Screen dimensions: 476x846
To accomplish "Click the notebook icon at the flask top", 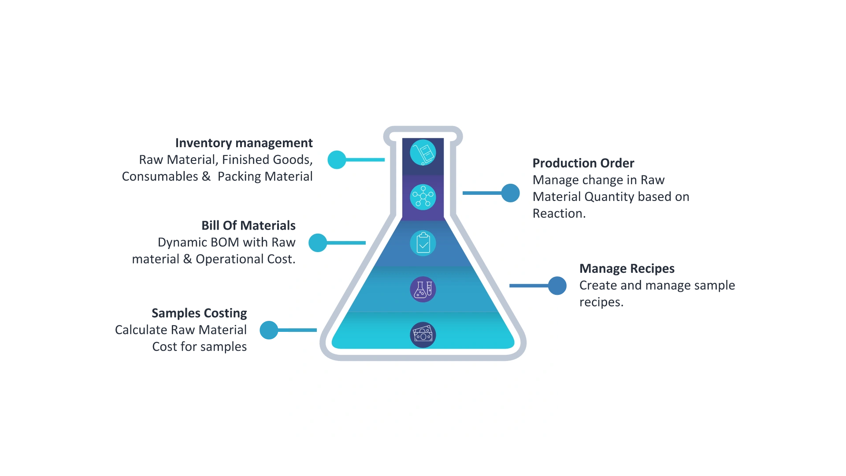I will pos(423,153).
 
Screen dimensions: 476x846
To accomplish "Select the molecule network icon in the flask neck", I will pos(423,197).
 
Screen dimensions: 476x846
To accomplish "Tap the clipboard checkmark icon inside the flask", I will pos(423,243).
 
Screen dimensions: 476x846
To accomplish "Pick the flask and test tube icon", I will pos(423,290).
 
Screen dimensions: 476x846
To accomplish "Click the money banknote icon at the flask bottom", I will pos(423,335).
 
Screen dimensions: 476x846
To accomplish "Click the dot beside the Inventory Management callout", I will pos(337,160).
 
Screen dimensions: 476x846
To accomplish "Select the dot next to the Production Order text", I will pos(511,193).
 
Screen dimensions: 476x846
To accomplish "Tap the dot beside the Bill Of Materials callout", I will pos(318,243).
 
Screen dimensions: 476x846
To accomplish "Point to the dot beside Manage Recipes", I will pos(557,286).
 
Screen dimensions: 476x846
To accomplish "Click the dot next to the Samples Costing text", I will pos(268,330).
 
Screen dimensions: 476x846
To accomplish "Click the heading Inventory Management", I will pos(245,143).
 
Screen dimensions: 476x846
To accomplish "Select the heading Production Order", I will pos(583,163).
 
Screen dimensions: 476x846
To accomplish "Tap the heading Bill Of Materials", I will pos(248,226).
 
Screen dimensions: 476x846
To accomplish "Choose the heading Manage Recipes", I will pos(627,268).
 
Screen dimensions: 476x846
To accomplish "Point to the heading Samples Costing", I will pos(199,314).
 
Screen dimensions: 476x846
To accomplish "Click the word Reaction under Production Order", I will pos(558,214).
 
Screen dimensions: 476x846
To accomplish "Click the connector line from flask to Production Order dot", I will pos(482,193).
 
